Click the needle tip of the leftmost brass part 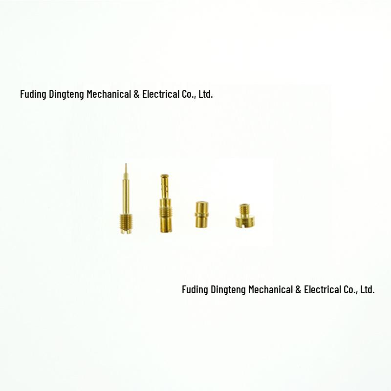pyautogui.click(x=126, y=164)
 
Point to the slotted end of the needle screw pyautogui.click(x=126, y=231)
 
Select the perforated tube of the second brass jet pyautogui.click(x=164, y=187)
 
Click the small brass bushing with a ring pyautogui.click(x=201, y=215)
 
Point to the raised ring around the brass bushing pyautogui.click(x=201, y=215)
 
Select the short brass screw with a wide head pyautogui.click(x=245, y=216)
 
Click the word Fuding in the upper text pyautogui.click(x=33, y=94)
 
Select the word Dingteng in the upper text pyautogui.click(x=66, y=94)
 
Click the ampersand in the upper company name pyautogui.click(x=136, y=94)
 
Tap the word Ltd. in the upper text pyautogui.click(x=206, y=94)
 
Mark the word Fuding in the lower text pyautogui.click(x=195, y=290)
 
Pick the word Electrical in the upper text pyautogui.click(x=161, y=94)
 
